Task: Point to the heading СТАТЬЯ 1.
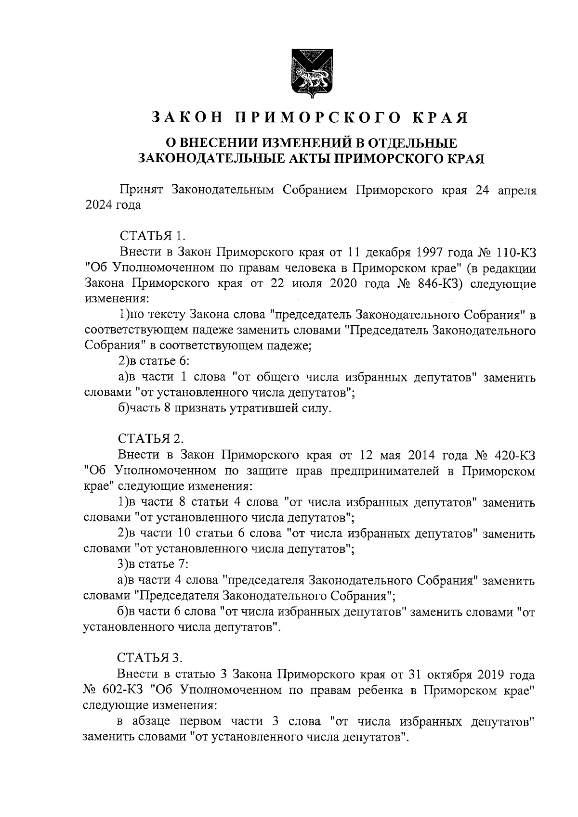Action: pyautogui.click(x=152, y=236)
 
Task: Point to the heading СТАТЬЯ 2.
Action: pyautogui.click(x=151, y=439)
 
